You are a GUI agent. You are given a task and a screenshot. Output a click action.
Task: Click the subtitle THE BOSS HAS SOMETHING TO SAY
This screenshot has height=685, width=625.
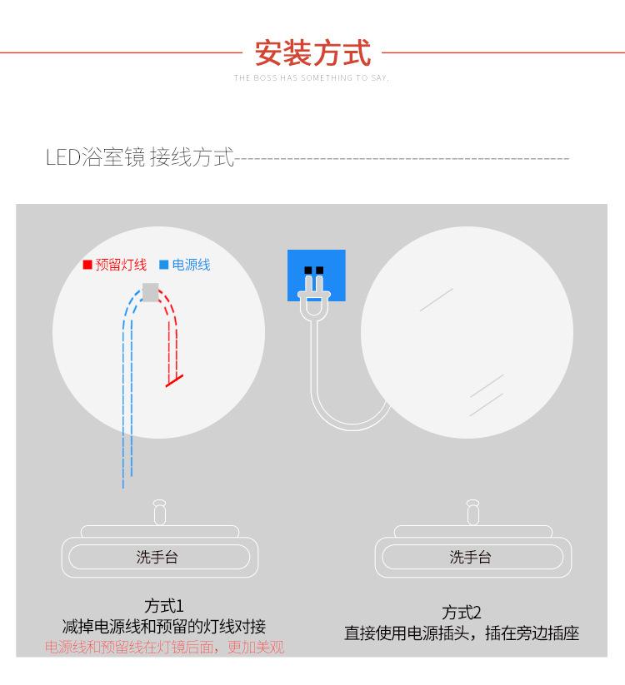(x=312, y=78)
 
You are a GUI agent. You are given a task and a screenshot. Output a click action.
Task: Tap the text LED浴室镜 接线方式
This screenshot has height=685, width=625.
(x=140, y=157)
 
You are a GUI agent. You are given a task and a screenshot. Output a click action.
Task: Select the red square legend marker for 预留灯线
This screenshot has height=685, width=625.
(x=87, y=266)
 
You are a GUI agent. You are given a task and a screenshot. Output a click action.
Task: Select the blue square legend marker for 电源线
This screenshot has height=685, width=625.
(x=164, y=266)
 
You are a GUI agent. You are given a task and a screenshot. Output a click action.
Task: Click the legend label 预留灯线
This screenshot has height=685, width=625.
(x=121, y=266)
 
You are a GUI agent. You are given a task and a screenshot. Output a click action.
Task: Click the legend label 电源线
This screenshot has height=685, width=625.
(x=191, y=266)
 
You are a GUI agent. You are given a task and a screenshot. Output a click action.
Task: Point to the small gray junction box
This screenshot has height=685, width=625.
(x=151, y=291)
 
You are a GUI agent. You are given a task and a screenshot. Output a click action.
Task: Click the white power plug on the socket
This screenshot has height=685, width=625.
(x=313, y=295)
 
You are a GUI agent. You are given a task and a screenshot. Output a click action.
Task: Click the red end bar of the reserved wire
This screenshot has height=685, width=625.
(x=174, y=380)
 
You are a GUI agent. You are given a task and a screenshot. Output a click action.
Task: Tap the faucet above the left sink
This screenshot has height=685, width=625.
(x=159, y=511)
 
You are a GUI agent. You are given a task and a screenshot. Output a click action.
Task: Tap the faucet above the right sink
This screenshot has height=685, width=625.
(x=472, y=511)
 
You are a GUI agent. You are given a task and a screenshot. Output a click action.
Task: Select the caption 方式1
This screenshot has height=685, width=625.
(x=163, y=605)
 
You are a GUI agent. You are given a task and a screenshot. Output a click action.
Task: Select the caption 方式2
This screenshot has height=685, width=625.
(x=462, y=613)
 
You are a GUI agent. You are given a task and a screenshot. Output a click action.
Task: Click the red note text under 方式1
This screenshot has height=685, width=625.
(x=164, y=648)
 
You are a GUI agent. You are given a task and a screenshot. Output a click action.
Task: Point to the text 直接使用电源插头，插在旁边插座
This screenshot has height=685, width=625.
(x=462, y=633)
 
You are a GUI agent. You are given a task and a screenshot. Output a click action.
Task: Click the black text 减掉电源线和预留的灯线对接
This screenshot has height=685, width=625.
(x=164, y=627)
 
